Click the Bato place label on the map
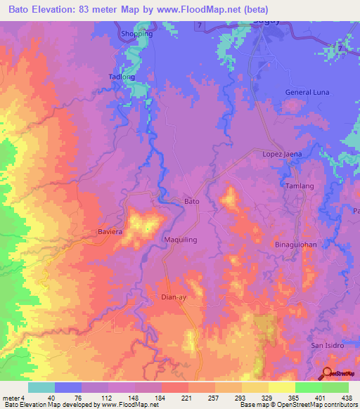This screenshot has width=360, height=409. click(x=192, y=202)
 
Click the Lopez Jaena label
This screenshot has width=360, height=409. click(x=282, y=154)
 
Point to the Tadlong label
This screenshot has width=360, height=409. click(x=122, y=77)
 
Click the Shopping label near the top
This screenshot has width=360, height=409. click(x=136, y=34)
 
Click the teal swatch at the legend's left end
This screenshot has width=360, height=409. click(x=41, y=387)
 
